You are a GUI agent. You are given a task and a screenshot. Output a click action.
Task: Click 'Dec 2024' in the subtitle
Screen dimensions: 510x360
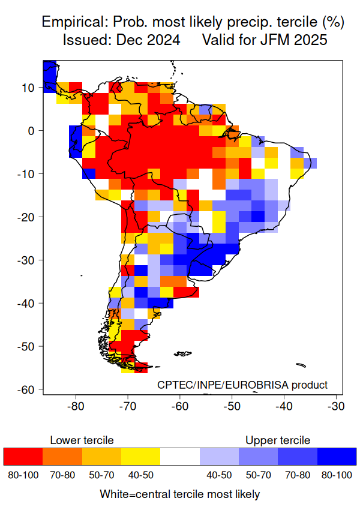coord(150,41)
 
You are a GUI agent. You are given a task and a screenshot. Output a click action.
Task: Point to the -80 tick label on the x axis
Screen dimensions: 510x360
coord(76,406)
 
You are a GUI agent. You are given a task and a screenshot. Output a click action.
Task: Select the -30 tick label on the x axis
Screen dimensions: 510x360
coord(335,406)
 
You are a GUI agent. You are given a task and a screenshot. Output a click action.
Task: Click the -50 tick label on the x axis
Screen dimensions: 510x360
coord(232,406)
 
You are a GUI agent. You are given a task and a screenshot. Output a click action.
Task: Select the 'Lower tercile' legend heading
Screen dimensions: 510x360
coord(82,440)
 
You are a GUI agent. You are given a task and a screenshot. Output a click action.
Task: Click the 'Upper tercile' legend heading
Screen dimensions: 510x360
coord(278,440)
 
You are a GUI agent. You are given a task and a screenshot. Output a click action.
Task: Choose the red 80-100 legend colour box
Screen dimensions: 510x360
coord(23,457)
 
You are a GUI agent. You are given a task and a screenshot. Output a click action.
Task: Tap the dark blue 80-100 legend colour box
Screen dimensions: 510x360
coord(337,457)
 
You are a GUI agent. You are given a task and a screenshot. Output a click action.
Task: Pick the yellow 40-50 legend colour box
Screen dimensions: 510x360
coord(140,457)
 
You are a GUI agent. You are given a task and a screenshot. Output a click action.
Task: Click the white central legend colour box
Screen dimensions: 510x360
coord(180,457)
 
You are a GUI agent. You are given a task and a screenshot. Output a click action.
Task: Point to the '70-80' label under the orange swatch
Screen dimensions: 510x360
coord(62,475)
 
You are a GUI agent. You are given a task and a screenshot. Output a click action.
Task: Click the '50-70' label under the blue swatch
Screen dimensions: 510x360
coord(258,475)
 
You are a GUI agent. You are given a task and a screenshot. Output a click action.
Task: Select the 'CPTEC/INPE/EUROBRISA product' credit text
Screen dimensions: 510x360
coord(242,385)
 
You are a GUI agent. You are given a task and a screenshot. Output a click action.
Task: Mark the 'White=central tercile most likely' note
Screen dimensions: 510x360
coord(180,494)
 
